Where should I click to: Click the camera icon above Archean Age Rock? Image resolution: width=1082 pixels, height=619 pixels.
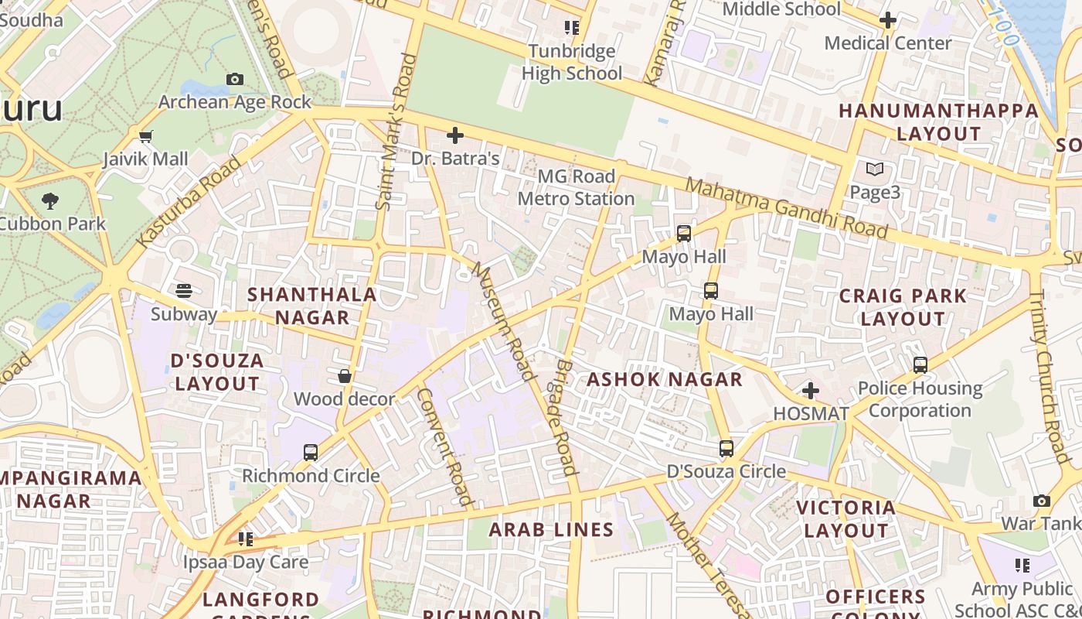(x=235, y=79)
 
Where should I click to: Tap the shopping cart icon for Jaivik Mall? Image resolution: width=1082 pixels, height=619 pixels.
(x=146, y=137)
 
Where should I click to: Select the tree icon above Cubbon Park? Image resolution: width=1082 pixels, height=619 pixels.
(x=50, y=201)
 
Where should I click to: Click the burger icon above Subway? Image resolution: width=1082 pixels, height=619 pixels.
(x=184, y=291)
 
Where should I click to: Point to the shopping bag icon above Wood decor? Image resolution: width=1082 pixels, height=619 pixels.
(x=345, y=376)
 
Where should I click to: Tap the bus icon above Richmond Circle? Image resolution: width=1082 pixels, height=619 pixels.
(x=311, y=452)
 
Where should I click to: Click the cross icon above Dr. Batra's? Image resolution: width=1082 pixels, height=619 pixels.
(x=455, y=135)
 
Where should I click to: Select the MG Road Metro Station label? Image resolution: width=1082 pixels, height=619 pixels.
(x=576, y=187)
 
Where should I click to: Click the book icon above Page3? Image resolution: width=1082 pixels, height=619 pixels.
(x=875, y=169)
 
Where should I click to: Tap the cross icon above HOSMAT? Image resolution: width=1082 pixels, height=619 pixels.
(x=811, y=390)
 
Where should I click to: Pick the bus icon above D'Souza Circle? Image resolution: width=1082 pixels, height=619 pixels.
(x=726, y=448)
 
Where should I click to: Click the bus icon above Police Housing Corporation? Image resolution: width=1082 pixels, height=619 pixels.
(x=920, y=364)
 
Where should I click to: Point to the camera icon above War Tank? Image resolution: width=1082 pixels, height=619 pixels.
(x=1042, y=501)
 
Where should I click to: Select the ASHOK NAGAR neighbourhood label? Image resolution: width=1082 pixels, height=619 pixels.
(x=665, y=379)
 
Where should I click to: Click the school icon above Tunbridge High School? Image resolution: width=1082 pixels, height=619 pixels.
(x=572, y=28)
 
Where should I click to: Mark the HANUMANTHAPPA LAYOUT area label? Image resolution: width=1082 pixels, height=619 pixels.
(x=938, y=121)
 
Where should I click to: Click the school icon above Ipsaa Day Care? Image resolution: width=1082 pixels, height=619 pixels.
(x=246, y=539)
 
